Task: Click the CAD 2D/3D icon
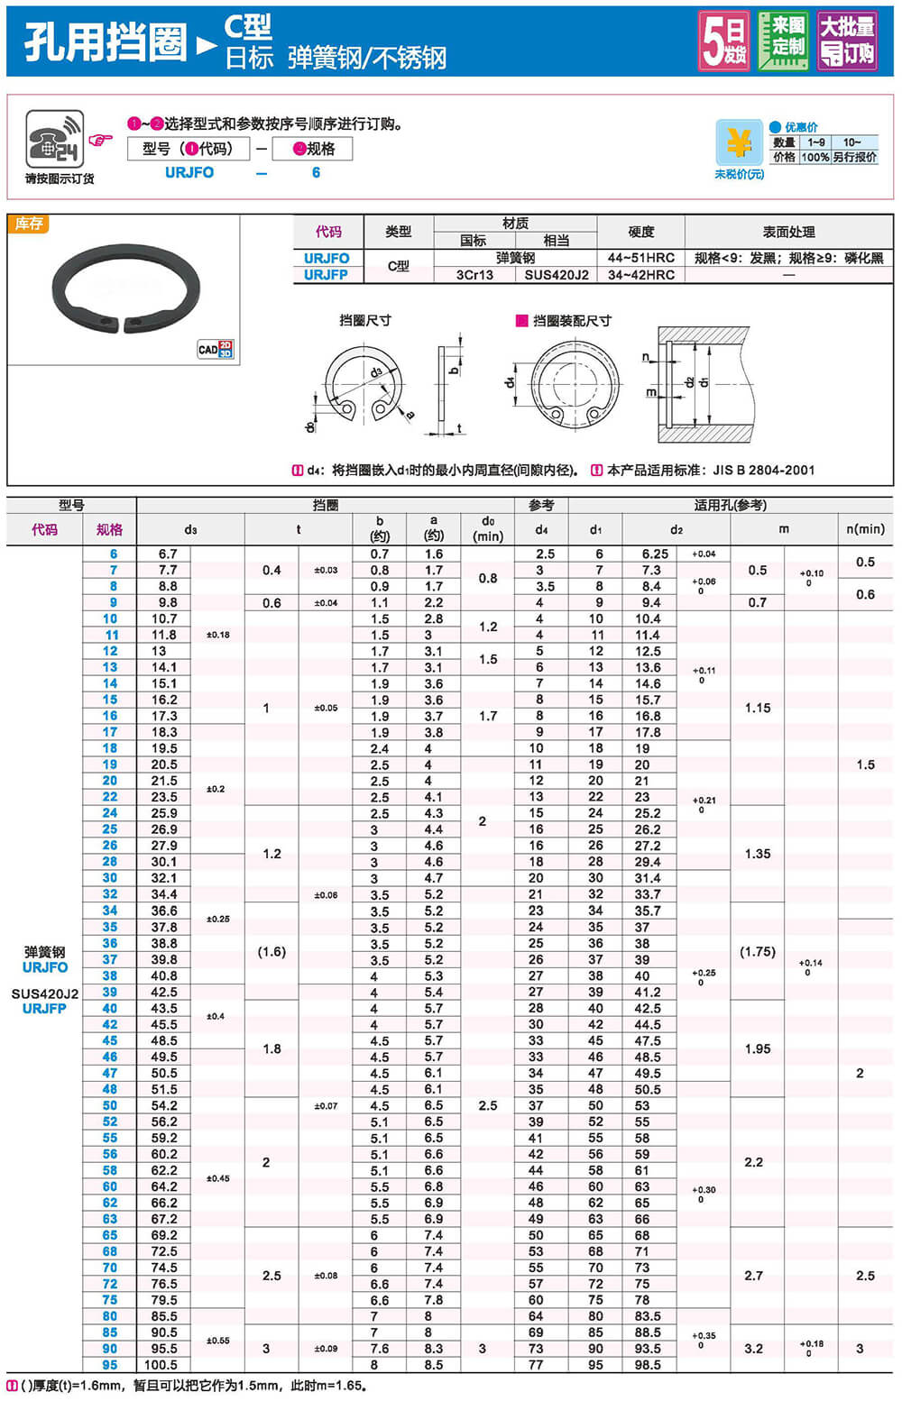pos(216,349)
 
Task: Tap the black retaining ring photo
pos(124,288)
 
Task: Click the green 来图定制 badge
pos(782,40)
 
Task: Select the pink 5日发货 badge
pos(724,41)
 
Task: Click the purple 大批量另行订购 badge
pos(846,41)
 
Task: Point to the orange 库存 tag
pos(28,224)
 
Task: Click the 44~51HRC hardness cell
pos(640,258)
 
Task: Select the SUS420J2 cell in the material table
pos(557,274)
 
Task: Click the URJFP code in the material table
pos(326,274)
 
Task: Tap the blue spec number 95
pos(109,1365)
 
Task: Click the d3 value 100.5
pos(162,1365)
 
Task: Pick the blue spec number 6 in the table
pos(114,554)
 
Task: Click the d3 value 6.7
pos(167,554)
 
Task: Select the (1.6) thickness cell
pos(272,951)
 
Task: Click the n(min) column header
pos(865,529)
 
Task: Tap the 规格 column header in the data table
pos(109,529)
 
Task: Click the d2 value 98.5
pos(647,1365)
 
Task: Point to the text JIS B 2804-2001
pos(763,470)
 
